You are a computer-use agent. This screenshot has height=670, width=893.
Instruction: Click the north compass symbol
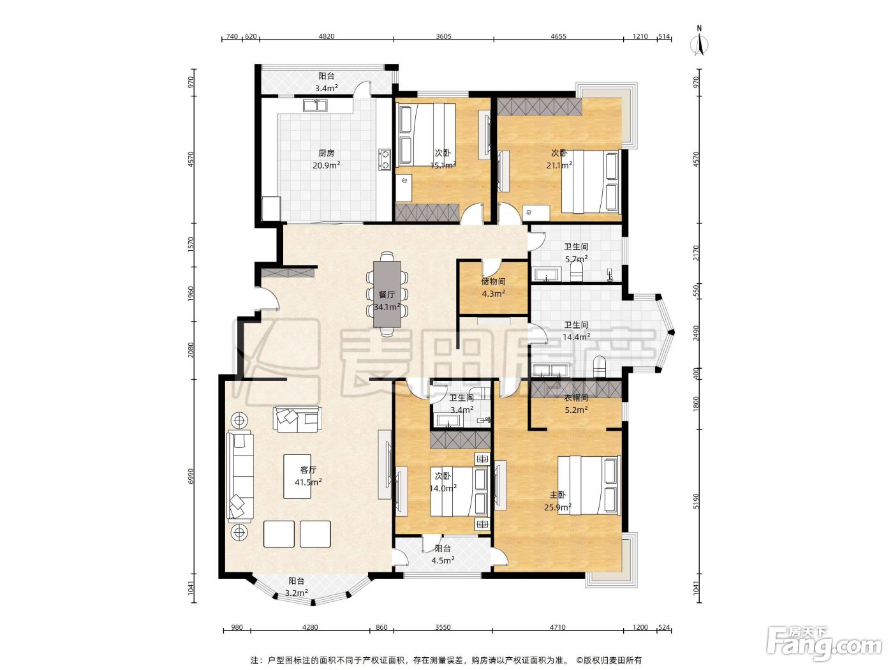699,41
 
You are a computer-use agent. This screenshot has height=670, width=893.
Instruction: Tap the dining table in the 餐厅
387,294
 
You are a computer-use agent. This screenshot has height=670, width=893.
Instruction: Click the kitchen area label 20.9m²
327,165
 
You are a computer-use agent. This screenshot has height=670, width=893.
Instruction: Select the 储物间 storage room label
493,281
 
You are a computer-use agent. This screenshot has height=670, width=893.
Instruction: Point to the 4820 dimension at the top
327,36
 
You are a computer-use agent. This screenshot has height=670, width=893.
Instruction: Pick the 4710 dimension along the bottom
557,627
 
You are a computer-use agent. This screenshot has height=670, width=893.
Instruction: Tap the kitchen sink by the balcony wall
315,106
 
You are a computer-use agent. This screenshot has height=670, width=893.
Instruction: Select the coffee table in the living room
297,477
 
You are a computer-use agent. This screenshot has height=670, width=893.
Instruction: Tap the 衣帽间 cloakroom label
576,398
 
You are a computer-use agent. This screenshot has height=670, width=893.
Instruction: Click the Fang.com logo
823,644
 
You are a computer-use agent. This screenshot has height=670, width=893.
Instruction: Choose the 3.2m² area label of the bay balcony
296,593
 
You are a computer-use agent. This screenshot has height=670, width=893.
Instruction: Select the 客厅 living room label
308,470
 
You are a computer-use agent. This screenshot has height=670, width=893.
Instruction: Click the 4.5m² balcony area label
443,560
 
